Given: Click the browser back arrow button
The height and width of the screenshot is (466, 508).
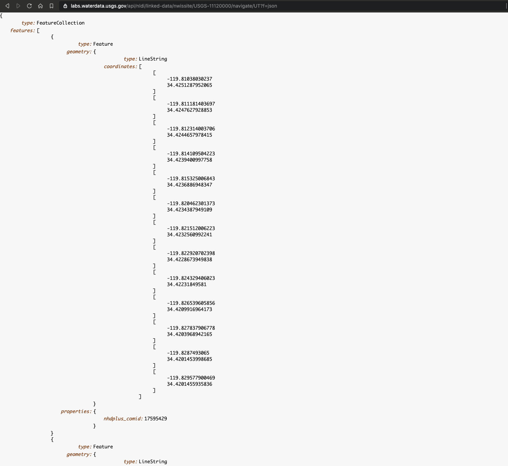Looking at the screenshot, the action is point(7,6).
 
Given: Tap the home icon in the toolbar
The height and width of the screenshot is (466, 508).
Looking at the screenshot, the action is point(40,6).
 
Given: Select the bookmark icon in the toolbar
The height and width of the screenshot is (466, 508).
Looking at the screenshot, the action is point(51,6).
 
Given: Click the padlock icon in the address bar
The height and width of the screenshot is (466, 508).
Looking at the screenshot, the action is point(65,6).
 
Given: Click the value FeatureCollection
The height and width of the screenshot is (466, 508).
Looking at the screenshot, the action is point(60,23).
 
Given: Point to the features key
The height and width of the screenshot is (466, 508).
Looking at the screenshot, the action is point(22,30).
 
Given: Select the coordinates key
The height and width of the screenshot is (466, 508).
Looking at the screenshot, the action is point(120,66).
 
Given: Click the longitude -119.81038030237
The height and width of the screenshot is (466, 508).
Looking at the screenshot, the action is point(189,79).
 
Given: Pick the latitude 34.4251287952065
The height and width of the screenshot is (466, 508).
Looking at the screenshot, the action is point(189,85).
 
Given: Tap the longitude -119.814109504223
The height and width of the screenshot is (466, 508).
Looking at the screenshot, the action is point(191,154).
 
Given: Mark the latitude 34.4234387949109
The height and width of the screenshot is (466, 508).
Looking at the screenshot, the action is point(189,210).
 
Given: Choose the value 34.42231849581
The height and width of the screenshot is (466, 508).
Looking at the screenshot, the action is point(187,284).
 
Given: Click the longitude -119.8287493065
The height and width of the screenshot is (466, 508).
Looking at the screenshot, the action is point(188,353).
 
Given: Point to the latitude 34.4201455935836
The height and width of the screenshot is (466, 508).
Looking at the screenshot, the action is point(189,384).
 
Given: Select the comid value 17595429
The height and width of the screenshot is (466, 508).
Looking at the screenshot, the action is point(156,419).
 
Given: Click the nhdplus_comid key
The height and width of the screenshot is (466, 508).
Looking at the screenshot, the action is point(123,419).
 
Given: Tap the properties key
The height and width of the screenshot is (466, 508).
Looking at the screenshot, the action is point(76,411).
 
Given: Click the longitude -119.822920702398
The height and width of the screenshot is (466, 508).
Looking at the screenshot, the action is point(191,253).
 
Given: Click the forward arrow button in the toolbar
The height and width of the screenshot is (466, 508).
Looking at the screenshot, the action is point(18,6).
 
